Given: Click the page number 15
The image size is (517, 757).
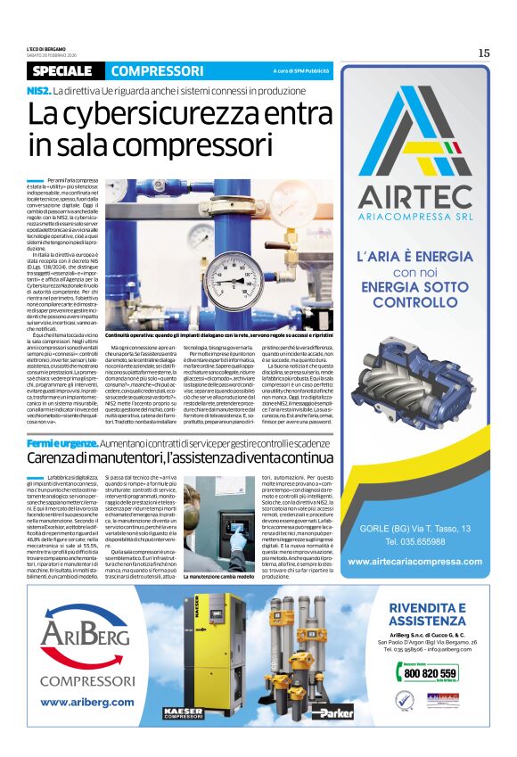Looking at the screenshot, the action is (x=483, y=53).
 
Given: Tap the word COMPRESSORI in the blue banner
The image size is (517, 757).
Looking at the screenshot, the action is (x=157, y=71).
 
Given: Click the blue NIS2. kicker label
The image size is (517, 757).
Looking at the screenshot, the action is (x=38, y=91).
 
